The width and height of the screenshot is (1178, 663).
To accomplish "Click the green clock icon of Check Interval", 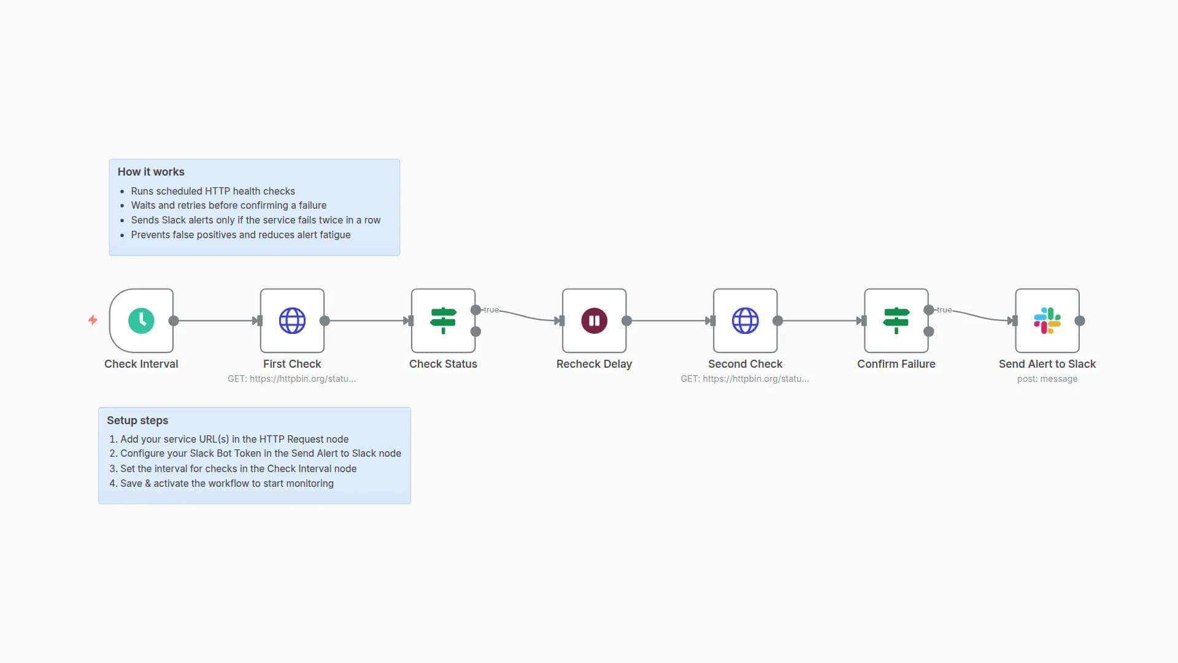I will (141, 320).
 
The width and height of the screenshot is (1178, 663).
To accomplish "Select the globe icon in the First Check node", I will (292, 320).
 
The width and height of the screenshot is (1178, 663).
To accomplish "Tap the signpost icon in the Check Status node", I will (443, 320).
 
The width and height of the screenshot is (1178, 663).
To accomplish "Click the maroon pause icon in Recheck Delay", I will (594, 320).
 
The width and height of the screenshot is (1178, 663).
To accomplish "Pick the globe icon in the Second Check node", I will (745, 320).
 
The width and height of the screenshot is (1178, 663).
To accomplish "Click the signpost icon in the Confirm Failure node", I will (896, 320).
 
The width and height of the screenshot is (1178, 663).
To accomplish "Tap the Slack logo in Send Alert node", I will (1047, 320).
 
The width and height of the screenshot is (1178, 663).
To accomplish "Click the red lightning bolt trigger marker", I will (93, 320).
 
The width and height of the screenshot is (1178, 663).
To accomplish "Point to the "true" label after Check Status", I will (491, 310).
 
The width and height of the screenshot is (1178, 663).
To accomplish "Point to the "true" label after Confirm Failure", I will (944, 310).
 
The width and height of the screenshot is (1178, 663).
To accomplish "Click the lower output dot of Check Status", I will (475, 331).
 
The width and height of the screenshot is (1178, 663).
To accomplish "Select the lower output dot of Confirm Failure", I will (929, 331).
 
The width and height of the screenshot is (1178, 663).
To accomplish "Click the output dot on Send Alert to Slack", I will (1080, 320).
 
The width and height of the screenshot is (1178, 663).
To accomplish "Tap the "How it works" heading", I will (151, 172).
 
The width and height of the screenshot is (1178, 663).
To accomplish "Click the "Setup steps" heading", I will (137, 421).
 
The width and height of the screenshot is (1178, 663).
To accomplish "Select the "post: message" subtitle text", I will (1047, 379).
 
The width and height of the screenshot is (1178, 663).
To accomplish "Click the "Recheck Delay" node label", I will (594, 364).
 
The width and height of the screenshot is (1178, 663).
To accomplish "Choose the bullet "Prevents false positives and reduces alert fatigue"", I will (241, 235).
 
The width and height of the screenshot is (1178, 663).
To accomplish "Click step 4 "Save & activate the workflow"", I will (226, 484).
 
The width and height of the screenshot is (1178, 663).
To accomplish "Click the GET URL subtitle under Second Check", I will (744, 379).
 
